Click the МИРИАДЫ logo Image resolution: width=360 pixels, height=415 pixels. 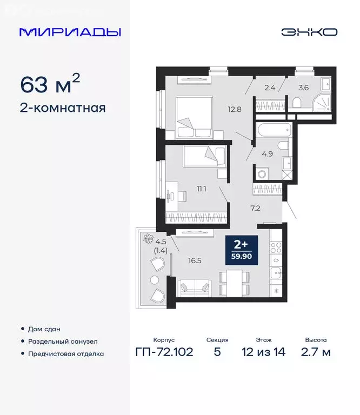tap(70, 32)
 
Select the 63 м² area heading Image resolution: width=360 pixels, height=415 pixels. tap(50, 84)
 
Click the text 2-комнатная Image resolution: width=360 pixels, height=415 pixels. tap(62, 108)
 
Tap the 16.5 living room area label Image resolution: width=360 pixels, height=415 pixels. tap(195, 260)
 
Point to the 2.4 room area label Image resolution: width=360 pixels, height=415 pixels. tap(269, 85)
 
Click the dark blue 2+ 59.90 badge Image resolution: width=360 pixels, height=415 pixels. tap(242, 249)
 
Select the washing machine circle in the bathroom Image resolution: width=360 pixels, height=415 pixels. tap(263, 174)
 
